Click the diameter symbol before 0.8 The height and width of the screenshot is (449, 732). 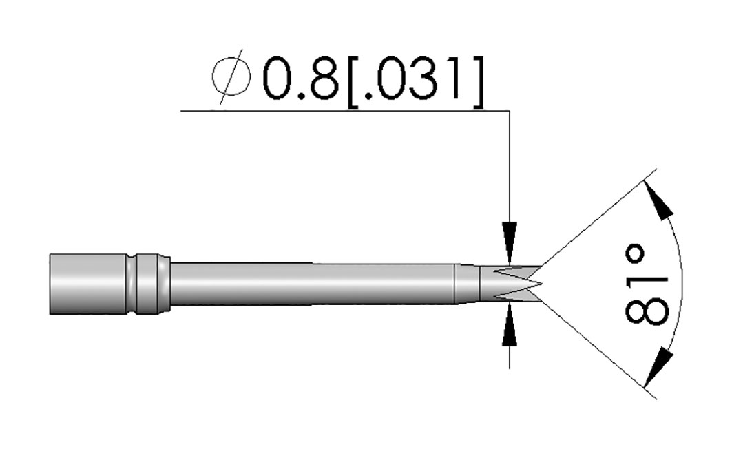pyautogui.click(x=231, y=76)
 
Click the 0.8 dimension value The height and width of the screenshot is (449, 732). pyautogui.click(x=300, y=79)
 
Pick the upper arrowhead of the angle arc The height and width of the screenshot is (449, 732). pyautogui.click(x=659, y=199)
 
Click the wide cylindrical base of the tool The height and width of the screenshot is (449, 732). pyautogui.click(x=87, y=284)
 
